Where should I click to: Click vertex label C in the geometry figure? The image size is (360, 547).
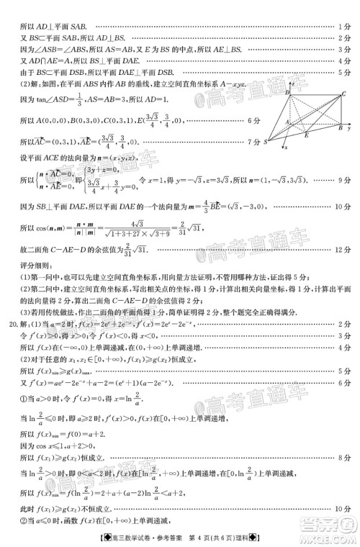click(344, 94)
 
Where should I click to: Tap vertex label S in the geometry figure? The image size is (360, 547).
click(266, 142)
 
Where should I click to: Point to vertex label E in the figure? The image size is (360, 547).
click(305, 135)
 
